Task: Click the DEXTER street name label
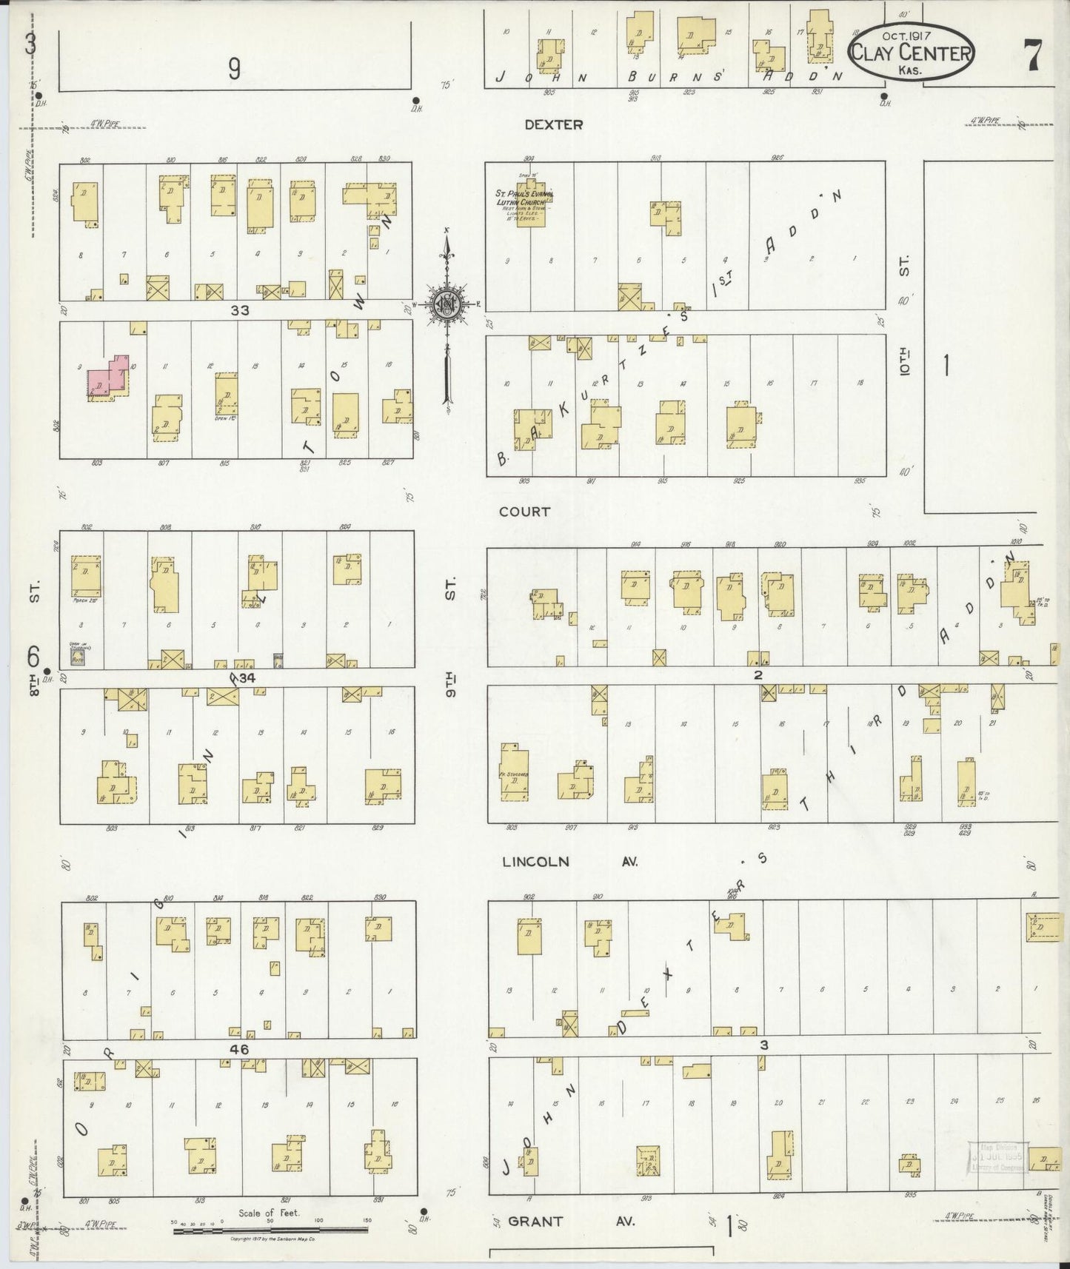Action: [553, 125]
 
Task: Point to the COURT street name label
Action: [524, 512]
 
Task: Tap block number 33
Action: [239, 311]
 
